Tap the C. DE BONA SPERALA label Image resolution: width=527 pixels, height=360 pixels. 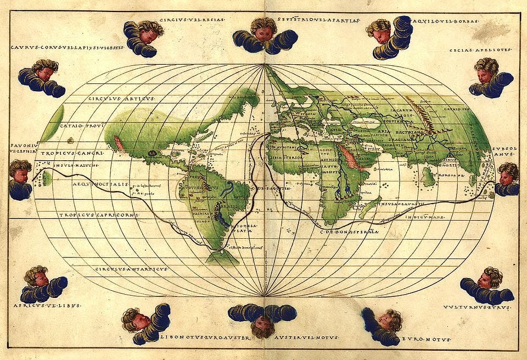pyautogui.click(x=350, y=232)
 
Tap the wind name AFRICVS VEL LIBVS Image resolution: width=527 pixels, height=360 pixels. pyautogui.click(x=47, y=305)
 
